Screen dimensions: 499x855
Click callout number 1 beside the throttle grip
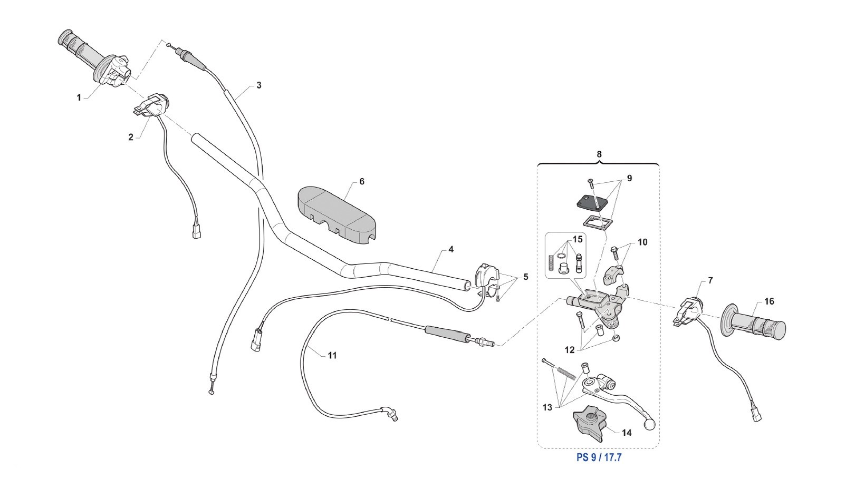pos(79,97)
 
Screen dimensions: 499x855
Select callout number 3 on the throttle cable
pos(258,85)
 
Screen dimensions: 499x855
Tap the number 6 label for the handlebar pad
pos(362,181)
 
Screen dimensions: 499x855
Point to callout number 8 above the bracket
pos(599,154)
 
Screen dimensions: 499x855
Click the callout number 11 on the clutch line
pos(332,356)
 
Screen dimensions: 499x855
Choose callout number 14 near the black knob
pos(627,433)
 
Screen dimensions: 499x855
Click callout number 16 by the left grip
pos(769,301)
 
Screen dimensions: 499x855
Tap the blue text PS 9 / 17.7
pos(599,457)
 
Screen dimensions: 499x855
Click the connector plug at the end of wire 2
pos(197,232)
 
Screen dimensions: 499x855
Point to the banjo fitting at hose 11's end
pos(391,416)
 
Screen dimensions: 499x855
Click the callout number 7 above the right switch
pos(710,280)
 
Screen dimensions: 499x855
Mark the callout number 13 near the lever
pos(548,407)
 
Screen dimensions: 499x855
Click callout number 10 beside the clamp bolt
pos(642,242)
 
